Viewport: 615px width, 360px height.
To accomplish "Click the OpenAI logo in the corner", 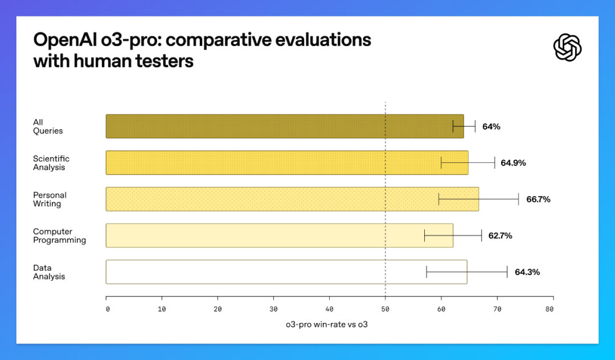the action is click(567, 47).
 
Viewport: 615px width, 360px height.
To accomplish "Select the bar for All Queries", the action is click(285, 126).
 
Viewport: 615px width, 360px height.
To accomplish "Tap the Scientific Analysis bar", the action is click(287, 163).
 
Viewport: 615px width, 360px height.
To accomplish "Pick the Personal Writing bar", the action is click(292, 199).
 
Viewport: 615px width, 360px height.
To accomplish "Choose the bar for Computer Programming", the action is click(280, 235).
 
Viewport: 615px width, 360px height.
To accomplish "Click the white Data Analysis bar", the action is click(286, 272).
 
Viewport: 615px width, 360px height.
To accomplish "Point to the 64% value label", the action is click(491, 126).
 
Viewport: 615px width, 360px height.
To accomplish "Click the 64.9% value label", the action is click(513, 163).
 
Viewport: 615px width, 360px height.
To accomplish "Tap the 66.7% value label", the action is click(538, 199).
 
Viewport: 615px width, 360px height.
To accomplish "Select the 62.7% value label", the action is click(500, 236).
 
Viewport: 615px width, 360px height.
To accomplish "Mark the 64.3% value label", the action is click(527, 272).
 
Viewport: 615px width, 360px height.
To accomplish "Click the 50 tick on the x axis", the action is click(385, 309).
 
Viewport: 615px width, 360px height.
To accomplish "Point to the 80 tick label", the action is click(549, 309).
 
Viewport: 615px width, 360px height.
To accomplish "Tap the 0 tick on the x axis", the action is click(108, 309).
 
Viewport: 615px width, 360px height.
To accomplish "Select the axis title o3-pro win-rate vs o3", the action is click(327, 325).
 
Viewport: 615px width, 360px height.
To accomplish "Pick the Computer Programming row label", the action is click(59, 236).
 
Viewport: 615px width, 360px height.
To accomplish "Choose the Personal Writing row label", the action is click(50, 199).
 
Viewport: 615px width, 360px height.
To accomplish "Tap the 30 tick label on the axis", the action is click(273, 309).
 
